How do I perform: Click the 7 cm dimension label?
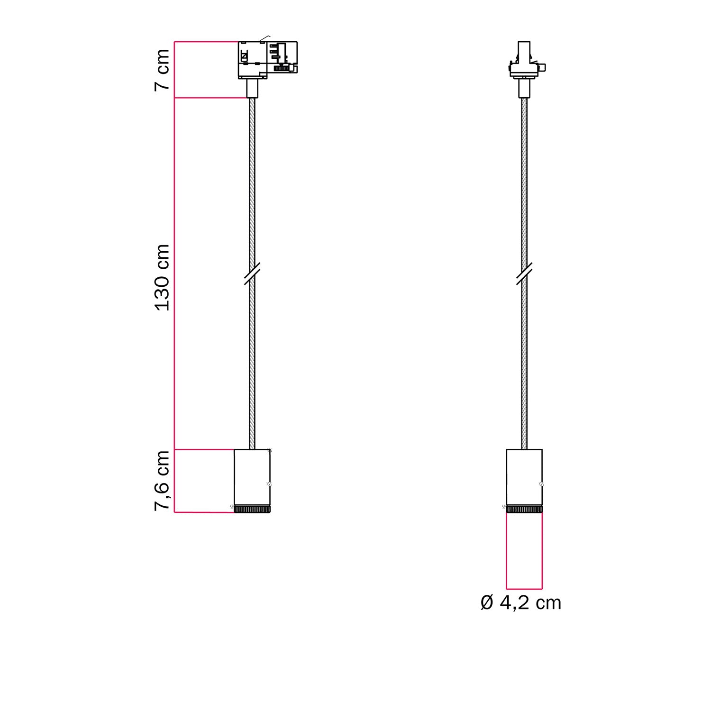(x=162, y=69)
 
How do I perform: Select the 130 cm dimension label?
(x=162, y=278)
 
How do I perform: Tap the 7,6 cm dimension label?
(x=162, y=481)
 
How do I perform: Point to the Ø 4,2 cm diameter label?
(x=520, y=603)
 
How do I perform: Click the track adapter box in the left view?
(x=267, y=60)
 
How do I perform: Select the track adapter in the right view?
(x=525, y=62)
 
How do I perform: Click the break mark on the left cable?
(x=252, y=274)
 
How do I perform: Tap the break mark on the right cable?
(x=524, y=274)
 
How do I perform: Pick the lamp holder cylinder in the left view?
(x=252, y=476)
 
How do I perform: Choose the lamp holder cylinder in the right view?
(x=524, y=476)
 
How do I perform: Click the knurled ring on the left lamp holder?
(x=252, y=510)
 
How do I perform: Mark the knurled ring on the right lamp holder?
(x=524, y=510)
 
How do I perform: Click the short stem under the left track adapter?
(x=252, y=88)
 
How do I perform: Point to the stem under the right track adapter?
(x=524, y=89)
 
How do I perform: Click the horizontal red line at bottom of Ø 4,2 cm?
(x=524, y=589)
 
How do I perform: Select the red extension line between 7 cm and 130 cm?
(x=211, y=98)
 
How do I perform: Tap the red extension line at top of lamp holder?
(x=204, y=449)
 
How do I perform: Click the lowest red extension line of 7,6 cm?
(x=204, y=512)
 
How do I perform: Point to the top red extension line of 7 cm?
(x=206, y=42)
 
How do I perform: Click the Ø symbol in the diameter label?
(x=487, y=603)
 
